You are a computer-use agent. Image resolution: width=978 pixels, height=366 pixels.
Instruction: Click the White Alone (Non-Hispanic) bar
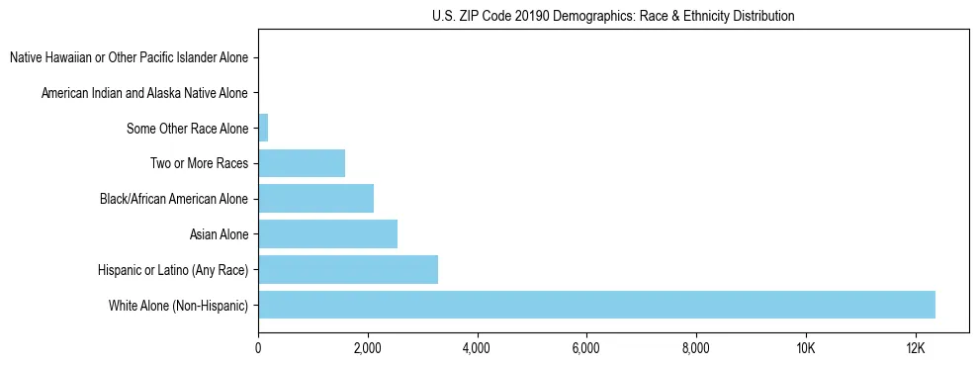tap(596, 305)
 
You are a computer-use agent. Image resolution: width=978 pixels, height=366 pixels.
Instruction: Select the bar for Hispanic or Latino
tap(347, 269)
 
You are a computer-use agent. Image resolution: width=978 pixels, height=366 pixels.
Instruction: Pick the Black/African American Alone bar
tap(315, 199)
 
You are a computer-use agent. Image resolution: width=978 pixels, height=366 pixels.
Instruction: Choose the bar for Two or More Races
tap(302, 163)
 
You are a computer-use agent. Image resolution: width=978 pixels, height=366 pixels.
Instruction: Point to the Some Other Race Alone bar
tap(263, 128)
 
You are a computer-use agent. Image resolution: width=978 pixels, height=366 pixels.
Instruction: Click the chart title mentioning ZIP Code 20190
tap(613, 17)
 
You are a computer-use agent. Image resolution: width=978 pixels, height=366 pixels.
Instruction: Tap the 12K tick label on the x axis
tap(915, 348)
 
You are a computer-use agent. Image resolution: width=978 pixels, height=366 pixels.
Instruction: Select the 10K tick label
tap(805, 348)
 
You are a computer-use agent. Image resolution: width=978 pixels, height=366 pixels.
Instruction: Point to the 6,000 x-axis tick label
tap(586, 348)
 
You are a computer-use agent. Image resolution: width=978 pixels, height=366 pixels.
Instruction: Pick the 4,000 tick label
tap(477, 348)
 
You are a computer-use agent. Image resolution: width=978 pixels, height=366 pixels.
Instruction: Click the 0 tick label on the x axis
tap(258, 348)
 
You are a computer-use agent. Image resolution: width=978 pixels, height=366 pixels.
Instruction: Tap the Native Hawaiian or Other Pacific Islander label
tap(129, 57)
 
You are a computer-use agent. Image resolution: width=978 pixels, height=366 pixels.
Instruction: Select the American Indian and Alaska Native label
tap(144, 93)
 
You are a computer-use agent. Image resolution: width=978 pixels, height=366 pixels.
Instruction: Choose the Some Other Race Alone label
tap(187, 129)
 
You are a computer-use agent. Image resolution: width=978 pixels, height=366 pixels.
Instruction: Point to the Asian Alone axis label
tap(219, 234)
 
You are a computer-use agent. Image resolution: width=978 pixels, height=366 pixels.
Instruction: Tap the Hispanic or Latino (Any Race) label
tap(173, 270)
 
